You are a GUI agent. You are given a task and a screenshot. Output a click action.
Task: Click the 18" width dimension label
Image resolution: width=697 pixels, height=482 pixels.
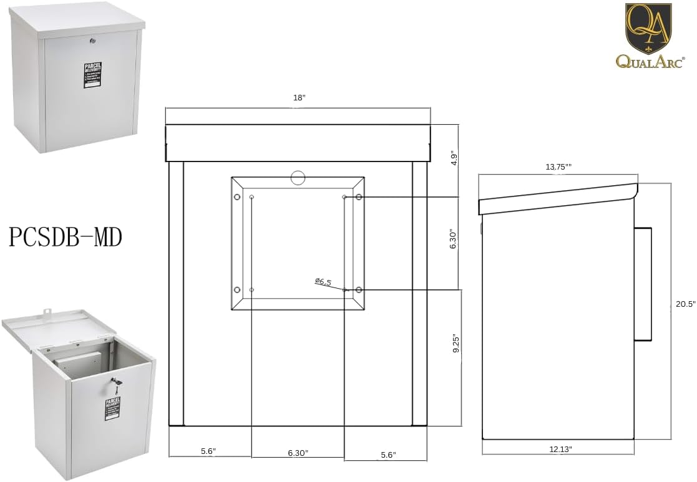pyautogui.click(x=299, y=98)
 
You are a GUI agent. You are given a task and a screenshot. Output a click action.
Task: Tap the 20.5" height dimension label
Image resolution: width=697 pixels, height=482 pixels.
pyautogui.click(x=685, y=304)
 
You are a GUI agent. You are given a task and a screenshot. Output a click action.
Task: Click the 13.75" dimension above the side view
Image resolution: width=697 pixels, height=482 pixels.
pyautogui.click(x=558, y=166)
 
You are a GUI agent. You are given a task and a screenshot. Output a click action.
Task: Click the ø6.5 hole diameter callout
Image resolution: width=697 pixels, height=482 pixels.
pyautogui.click(x=323, y=282)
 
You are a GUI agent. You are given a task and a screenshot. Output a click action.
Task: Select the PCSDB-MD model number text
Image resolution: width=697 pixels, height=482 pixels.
pyautogui.click(x=66, y=238)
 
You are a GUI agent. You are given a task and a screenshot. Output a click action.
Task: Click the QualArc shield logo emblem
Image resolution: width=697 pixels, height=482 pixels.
pyautogui.click(x=648, y=28)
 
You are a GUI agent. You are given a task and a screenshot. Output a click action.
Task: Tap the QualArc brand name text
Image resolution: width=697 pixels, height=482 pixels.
pyautogui.click(x=649, y=60)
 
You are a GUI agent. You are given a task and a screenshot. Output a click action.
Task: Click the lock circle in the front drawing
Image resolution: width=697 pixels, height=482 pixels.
pyautogui.click(x=298, y=178)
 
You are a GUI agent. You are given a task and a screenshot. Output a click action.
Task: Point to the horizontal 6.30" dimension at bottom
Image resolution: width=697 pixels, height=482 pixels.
pyautogui.click(x=298, y=453)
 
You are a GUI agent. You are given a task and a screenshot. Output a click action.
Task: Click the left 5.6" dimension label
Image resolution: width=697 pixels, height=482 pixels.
pyautogui.click(x=208, y=451)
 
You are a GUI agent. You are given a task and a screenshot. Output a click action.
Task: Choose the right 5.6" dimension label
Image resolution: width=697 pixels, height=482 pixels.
pyautogui.click(x=387, y=455)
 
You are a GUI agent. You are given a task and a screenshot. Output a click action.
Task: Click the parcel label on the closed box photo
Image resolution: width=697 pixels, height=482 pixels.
pyautogui.click(x=92, y=75)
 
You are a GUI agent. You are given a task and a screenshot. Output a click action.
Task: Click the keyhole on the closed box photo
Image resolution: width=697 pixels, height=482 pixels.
pyautogui.click(x=92, y=41)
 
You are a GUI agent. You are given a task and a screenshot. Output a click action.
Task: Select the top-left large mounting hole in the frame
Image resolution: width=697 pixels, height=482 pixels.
pyautogui.click(x=237, y=197)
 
